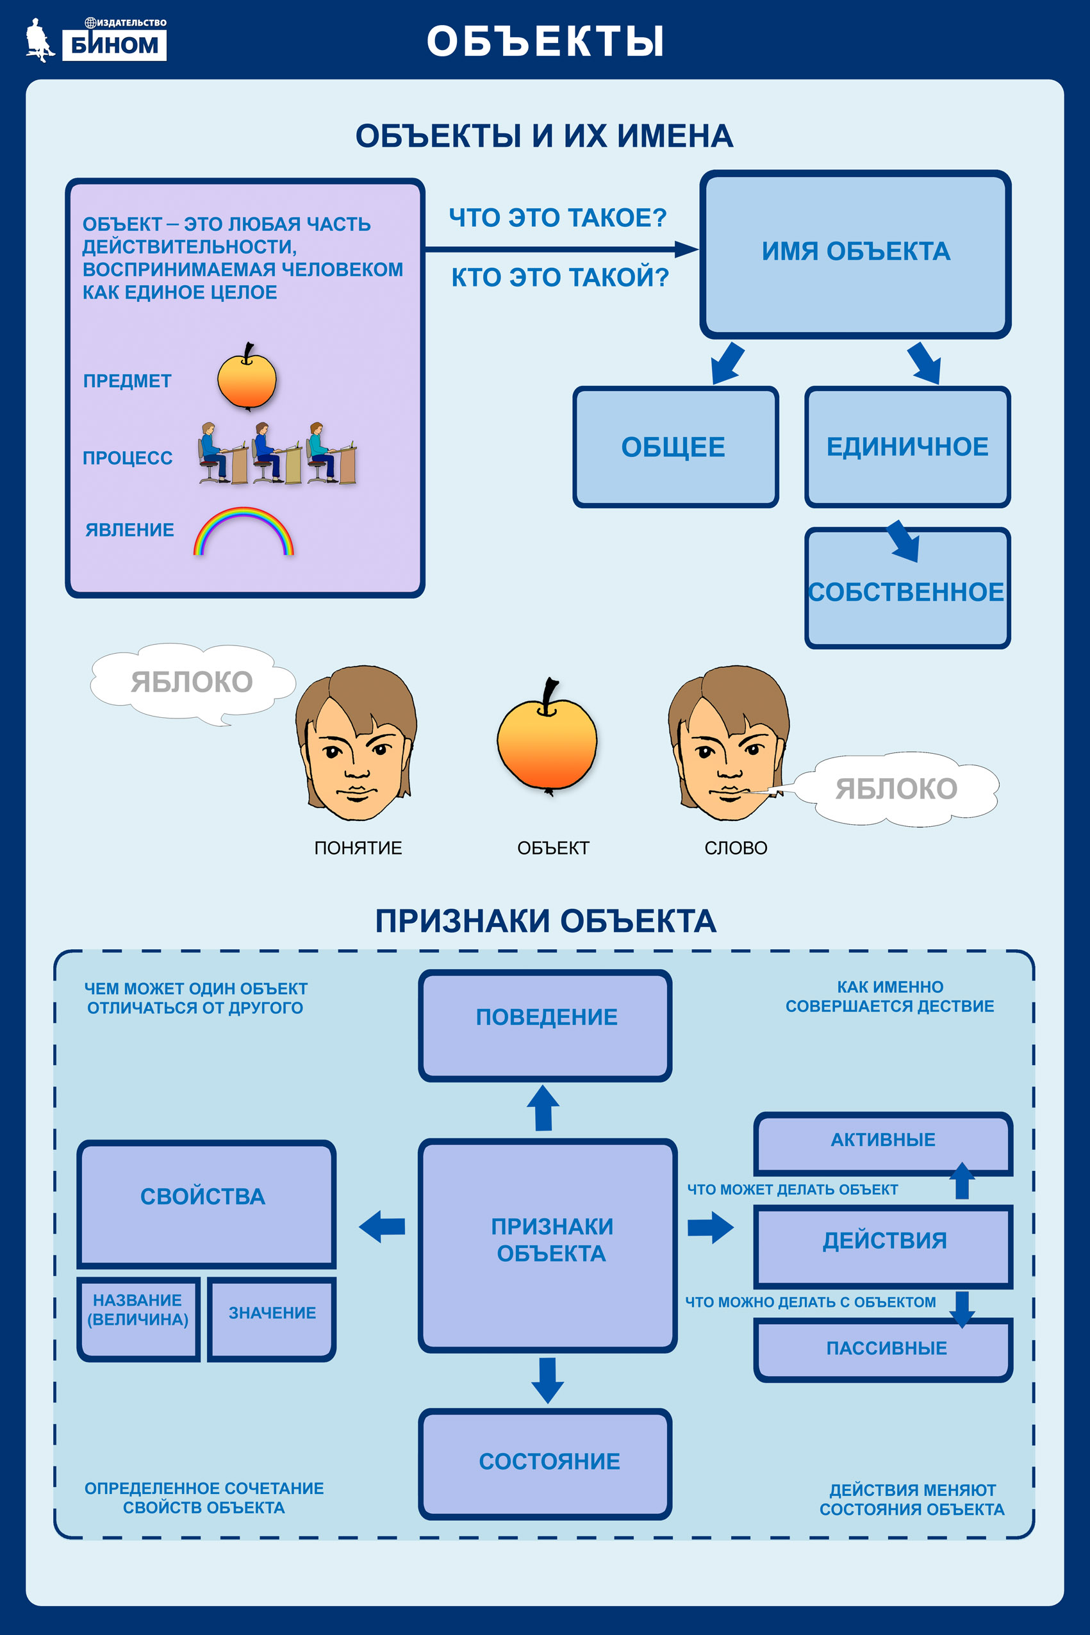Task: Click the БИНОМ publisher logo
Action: coord(96,40)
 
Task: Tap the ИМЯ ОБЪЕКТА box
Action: coord(855,254)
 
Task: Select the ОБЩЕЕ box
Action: coord(675,447)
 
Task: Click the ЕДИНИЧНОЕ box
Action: coord(907,447)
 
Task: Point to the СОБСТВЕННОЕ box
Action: coord(907,588)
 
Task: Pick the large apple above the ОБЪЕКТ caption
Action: coord(547,737)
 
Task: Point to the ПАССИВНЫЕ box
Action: coord(883,1349)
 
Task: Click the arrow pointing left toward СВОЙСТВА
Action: coord(382,1226)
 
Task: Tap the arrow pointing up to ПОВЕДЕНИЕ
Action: coord(543,1108)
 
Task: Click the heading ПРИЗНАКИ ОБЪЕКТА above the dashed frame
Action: coord(546,921)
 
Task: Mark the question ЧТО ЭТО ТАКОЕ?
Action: coord(557,217)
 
